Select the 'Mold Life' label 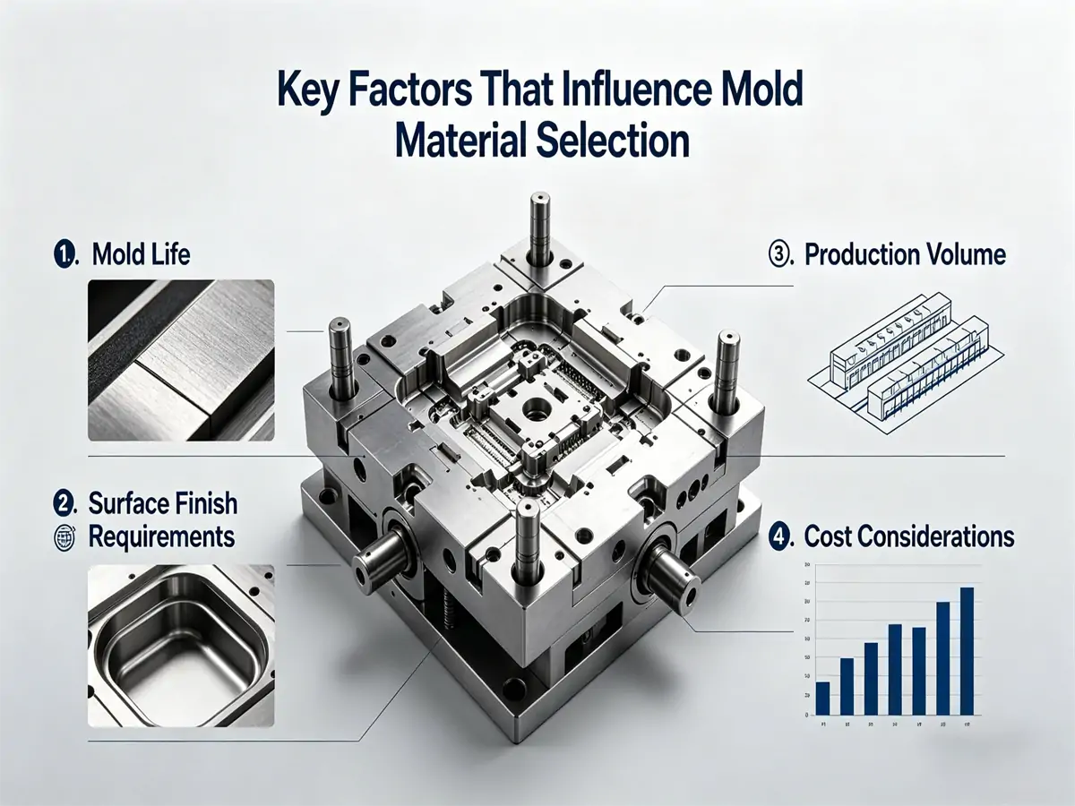tap(141, 254)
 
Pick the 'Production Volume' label tap(905, 254)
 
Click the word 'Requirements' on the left tap(161, 537)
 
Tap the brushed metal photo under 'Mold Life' tap(181, 359)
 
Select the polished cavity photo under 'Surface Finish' tap(181, 645)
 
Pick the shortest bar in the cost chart tap(822, 698)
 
